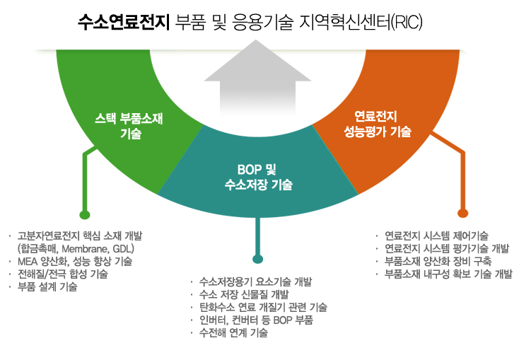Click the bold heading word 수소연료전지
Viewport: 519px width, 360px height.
coord(124,23)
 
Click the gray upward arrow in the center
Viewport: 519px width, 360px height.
coord(257,77)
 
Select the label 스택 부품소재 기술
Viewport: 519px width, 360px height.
coord(129,126)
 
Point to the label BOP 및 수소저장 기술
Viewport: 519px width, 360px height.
coord(259,177)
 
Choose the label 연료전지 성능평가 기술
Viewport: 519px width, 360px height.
coord(378,124)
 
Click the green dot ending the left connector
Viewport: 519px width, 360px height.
coord(85,214)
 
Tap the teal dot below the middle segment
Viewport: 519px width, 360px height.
coord(258,259)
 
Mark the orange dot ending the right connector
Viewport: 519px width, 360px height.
coord(462,213)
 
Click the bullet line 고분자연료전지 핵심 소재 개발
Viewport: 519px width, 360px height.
coord(80,236)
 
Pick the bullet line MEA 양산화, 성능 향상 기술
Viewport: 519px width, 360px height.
coord(75,261)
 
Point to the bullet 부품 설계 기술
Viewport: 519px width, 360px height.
coord(47,286)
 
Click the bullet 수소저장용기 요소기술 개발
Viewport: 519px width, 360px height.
coord(255,281)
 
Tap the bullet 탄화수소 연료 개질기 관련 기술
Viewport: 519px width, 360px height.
coord(263,308)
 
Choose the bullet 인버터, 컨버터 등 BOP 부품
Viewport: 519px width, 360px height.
coord(256,320)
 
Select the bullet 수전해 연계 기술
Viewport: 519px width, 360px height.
coord(233,332)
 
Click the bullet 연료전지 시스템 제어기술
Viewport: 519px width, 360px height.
coord(436,236)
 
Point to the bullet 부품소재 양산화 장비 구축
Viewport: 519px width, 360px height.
coord(438,261)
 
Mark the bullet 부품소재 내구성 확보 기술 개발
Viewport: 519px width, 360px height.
coord(448,274)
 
